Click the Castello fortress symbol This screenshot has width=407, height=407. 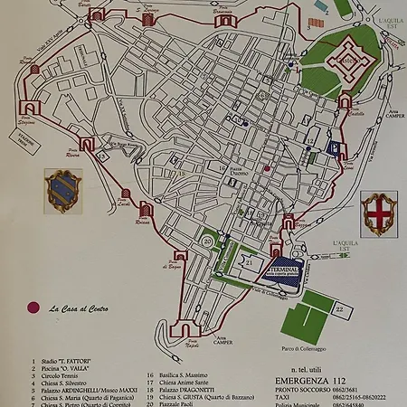click(x=345, y=60)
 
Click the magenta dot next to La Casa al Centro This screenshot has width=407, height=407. click(x=35, y=308)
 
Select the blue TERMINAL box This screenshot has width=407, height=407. click(x=287, y=274)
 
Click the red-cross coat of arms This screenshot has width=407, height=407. click(x=376, y=212)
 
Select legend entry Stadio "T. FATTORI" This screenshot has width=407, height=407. click(x=67, y=362)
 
